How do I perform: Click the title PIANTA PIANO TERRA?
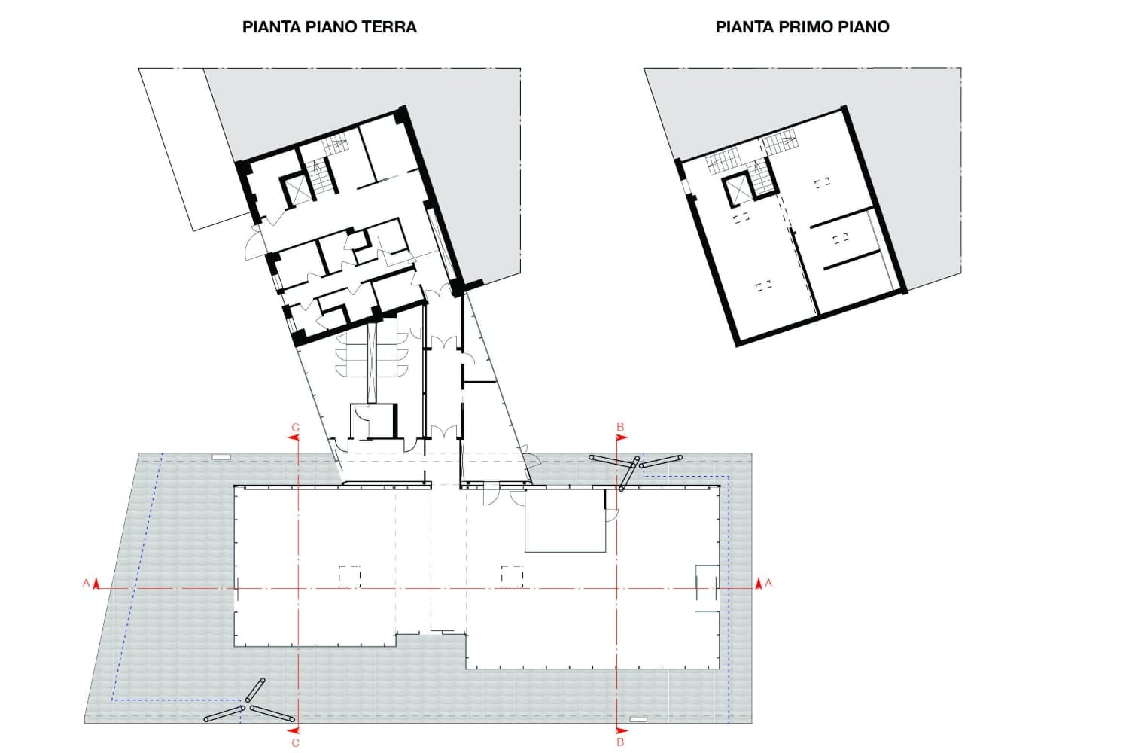(329, 27)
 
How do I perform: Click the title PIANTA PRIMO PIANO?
(802, 27)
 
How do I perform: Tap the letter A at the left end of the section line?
(86, 583)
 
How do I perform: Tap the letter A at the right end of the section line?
(768, 583)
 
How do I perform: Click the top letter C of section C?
(295, 428)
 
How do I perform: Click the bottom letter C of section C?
(295, 742)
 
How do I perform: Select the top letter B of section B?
(620, 428)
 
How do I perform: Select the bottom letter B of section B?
(620, 742)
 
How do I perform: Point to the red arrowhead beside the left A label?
(96, 583)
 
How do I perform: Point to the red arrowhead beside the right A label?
(758, 583)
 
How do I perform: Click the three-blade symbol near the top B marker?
(634, 467)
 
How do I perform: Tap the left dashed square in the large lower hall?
(349, 576)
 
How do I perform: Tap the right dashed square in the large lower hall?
(513, 576)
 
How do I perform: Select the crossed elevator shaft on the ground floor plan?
(299, 189)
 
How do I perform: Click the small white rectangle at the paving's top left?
(221, 457)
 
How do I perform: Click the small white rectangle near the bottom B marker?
(638, 720)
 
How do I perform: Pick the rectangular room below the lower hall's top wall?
(565, 521)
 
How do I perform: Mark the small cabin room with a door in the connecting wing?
(373, 421)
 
